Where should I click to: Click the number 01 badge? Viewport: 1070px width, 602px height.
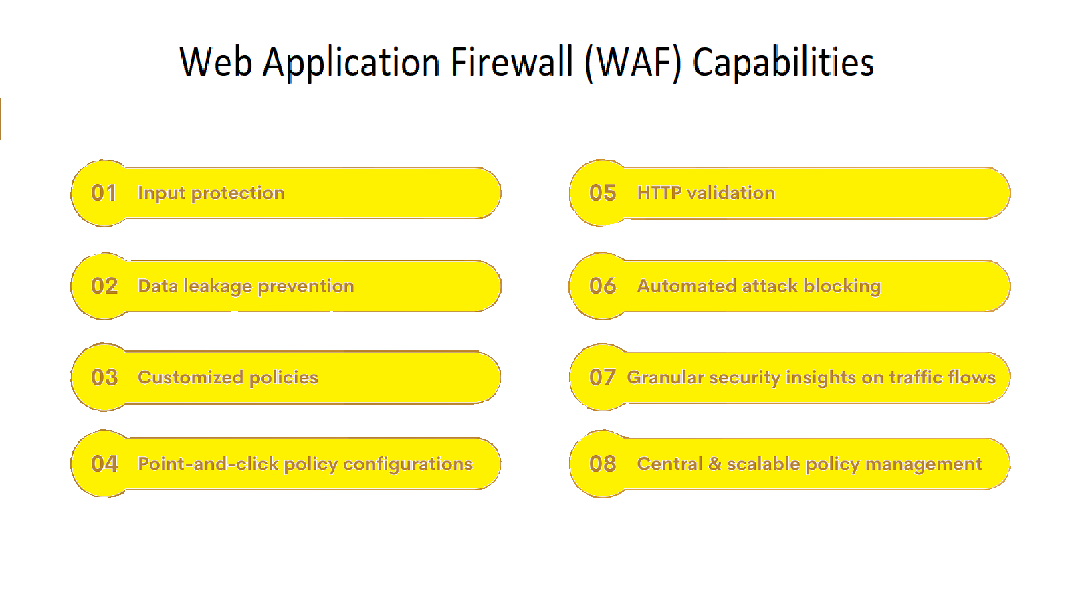(x=104, y=193)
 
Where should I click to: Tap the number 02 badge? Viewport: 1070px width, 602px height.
(x=104, y=286)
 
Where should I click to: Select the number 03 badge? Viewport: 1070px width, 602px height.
(x=104, y=377)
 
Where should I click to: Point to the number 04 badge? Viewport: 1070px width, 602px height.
(x=104, y=464)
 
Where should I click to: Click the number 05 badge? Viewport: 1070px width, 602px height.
(x=603, y=193)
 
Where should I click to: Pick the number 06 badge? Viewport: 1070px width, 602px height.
(x=603, y=286)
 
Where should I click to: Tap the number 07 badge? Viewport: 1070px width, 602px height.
(x=603, y=377)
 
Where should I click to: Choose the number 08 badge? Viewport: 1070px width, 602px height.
(x=603, y=464)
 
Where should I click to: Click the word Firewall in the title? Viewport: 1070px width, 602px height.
(x=512, y=62)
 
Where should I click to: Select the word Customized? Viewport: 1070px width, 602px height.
(x=191, y=377)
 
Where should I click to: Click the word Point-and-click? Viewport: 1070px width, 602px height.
(x=208, y=464)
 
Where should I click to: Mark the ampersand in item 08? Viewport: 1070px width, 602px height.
(x=715, y=464)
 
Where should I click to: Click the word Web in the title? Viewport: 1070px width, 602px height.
(x=215, y=62)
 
